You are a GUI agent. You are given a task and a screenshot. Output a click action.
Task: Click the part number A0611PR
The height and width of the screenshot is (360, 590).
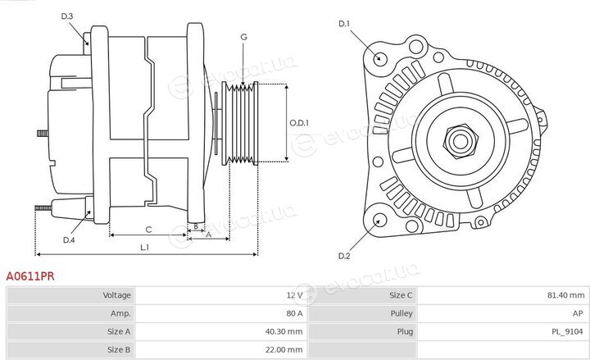pyautogui.click(x=30, y=276)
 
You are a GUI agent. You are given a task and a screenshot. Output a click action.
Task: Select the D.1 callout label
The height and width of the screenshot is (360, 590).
pyautogui.click(x=344, y=24)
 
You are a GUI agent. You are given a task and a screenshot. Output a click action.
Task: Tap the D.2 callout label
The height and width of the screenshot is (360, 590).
pyautogui.click(x=344, y=256)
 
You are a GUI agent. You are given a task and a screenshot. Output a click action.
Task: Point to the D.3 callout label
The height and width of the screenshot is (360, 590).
pyautogui.click(x=67, y=16)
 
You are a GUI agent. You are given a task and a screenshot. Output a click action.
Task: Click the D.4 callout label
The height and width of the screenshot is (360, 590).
pyautogui.click(x=69, y=240)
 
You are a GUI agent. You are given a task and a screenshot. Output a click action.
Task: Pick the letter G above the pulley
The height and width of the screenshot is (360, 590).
pyautogui.click(x=244, y=37)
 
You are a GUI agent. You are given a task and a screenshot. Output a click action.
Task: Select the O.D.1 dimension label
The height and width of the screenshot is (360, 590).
pyautogui.click(x=299, y=123)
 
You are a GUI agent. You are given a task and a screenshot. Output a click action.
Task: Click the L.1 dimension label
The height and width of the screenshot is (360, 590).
pyautogui.click(x=145, y=248)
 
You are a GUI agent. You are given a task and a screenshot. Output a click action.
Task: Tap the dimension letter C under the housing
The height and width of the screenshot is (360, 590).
pyautogui.click(x=148, y=230)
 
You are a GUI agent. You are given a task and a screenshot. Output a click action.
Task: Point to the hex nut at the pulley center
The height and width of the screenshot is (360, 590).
pyautogui.click(x=461, y=141)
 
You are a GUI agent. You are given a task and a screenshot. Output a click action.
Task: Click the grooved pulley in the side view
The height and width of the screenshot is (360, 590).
pyautogui.click(x=240, y=124)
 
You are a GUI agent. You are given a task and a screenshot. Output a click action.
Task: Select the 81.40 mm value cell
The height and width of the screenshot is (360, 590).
pyautogui.click(x=566, y=295)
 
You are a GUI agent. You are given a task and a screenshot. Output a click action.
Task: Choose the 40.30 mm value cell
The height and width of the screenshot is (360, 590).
pyautogui.click(x=284, y=332)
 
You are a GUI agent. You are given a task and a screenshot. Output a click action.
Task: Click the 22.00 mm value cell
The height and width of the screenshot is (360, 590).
pyautogui.click(x=284, y=350)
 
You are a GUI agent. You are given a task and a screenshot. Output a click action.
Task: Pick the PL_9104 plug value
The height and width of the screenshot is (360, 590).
pyautogui.click(x=567, y=332)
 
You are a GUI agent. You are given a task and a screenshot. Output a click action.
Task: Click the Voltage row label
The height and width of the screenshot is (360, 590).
pyautogui.click(x=116, y=295)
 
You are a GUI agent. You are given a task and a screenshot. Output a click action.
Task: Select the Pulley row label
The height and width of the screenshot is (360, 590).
pyautogui.click(x=402, y=313)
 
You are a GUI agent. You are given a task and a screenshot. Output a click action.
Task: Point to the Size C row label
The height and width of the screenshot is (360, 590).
pyautogui.click(x=401, y=295)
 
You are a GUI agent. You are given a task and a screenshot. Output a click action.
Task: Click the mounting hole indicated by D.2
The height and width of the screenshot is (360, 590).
pyautogui.click(x=380, y=219)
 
